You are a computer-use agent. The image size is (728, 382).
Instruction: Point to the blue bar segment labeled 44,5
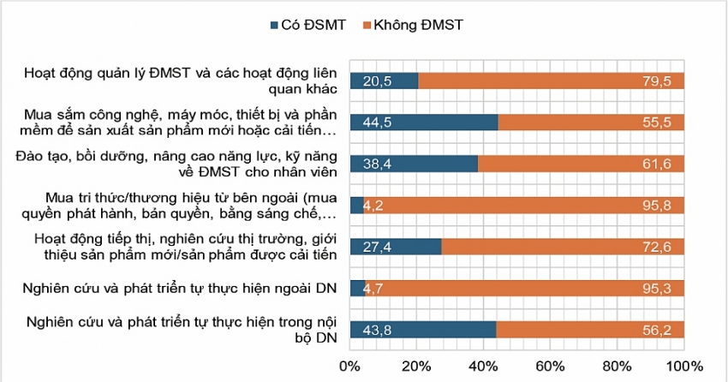click(x=425, y=122)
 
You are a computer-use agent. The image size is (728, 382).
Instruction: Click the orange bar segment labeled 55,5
click(x=591, y=122)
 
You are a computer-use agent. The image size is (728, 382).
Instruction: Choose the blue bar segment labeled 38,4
click(x=415, y=164)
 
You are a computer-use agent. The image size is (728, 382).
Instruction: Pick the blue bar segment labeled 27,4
click(x=397, y=247)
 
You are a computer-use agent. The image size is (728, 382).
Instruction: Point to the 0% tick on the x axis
click(x=350, y=367)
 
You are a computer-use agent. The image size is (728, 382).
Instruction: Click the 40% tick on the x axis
click(x=484, y=367)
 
